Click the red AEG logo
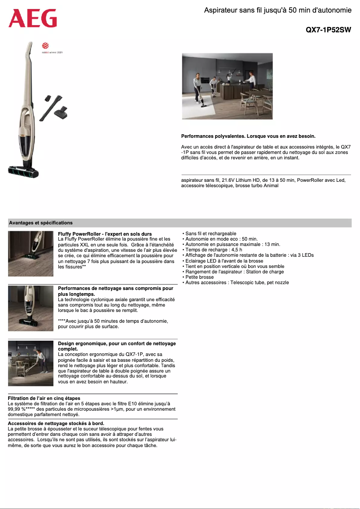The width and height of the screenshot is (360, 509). [x=33, y=18]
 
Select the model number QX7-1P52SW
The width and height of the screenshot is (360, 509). [x=328, y=30]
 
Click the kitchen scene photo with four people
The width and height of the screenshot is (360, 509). [x=227, y=86]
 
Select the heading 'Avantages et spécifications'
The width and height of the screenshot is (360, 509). [x=41, y=223]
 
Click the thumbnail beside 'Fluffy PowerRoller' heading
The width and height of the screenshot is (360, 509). [x=31, y=254]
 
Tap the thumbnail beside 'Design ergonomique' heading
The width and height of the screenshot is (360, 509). [x=31, y=363]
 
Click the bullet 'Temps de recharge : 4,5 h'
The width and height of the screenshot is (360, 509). [x=214, y=250]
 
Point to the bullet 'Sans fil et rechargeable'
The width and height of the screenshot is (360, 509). [x=211, y=234]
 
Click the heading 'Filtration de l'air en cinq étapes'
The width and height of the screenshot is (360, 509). [x=44, y=398]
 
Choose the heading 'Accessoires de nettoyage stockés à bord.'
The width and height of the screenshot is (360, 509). [x=56, y=423]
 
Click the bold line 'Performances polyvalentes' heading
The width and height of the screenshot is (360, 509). [x=248, y=136]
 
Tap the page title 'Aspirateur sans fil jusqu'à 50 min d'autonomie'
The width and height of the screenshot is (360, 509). [x=277, y=10]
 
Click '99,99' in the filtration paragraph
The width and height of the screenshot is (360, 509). [x=14, y=409]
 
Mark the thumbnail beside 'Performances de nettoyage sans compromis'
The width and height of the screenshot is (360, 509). [x=31, y=308]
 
